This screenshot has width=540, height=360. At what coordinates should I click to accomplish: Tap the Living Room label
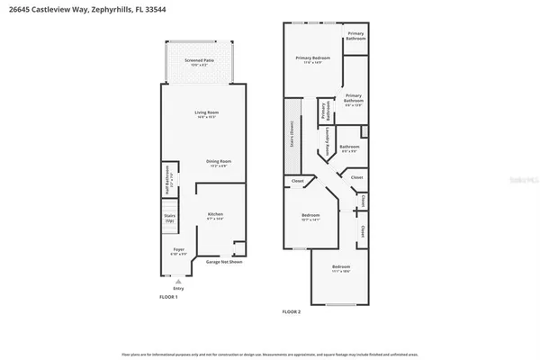pyautogui.click(x=207, y=113)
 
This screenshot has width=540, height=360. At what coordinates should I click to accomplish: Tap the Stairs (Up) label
pyautogui.click(x=169, y=218)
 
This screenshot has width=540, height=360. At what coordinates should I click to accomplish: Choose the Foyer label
pyautogui.click(x=178, y=252)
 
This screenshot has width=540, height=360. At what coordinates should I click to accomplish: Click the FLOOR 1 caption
pyautogui.click(x=169, y=297)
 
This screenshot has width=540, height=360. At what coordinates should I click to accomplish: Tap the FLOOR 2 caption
pyautogui.click(x=292, y=311)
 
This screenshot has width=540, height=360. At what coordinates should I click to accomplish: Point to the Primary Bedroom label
pyautogui.click(x=313, y=59)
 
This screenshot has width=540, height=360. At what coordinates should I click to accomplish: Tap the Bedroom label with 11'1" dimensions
pyautogui.click(x=341, y=268)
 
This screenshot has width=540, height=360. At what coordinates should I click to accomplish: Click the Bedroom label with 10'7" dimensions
pyautogui.click(x=310, y=217)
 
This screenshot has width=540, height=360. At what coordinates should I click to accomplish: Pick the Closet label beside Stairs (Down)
pyautogui.click(x=297, y=182)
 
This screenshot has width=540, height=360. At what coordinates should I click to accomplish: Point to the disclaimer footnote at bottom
pyautogui.click(x=270, y=355)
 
